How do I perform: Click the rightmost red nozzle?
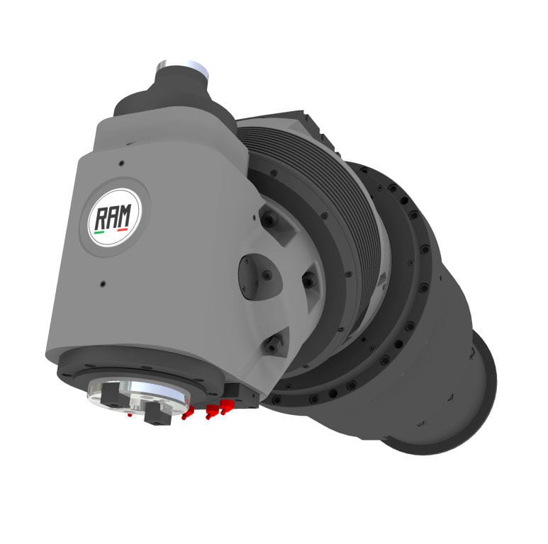click(x=226, y=406)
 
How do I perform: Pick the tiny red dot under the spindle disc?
click(x=129, y=415)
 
